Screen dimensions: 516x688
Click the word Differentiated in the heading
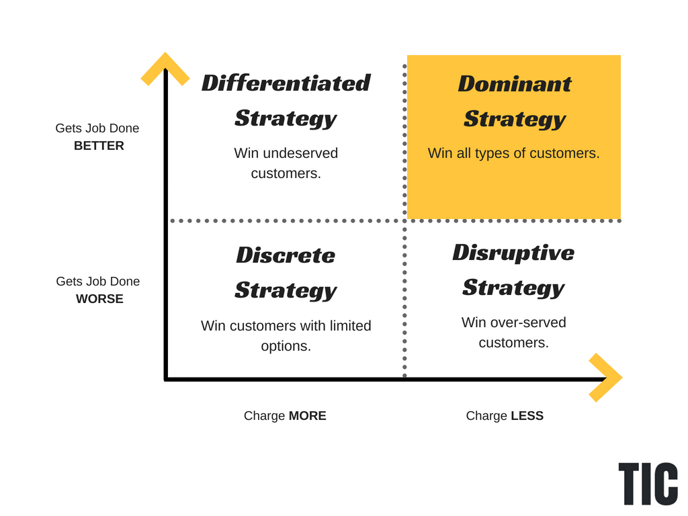[286, 83]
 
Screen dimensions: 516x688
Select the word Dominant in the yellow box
[514, 83]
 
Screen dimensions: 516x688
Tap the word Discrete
[286, 255]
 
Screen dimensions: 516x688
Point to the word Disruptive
[513, 252]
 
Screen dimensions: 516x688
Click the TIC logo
[648, 484]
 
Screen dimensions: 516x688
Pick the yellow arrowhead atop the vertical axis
[165, 68]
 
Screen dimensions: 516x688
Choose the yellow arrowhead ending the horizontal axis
[607, 378]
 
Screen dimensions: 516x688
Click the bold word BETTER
[99, 146]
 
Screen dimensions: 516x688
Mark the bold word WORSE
[99, 299]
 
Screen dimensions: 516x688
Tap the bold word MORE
[307, 416]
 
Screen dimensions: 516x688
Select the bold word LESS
[527, 416]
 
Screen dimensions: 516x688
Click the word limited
[346, 326]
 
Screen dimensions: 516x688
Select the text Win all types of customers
[513, 153]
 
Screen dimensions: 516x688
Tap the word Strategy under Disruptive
[513, 288]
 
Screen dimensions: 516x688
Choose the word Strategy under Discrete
[286, 290]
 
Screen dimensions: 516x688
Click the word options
[286, 346]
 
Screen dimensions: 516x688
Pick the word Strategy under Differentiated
[286, 118]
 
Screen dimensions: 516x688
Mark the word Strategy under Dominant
[514, 119]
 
